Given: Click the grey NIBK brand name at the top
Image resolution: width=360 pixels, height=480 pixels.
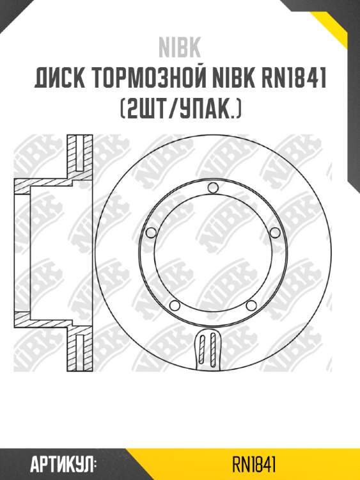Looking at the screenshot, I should point(180,48).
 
